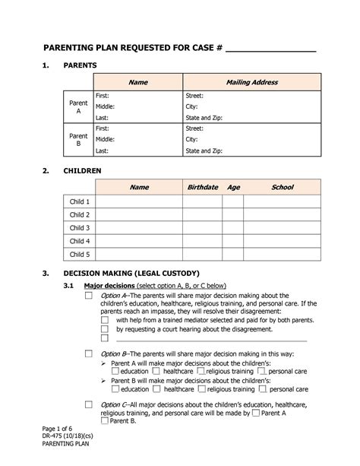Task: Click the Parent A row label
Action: coord(78,106)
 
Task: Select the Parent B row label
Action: coord(78,140)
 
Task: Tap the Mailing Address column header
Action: coord(251,81)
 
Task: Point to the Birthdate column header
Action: coord(202,187)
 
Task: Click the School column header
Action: coord(282,187)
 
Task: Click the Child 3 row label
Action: coord(80,228)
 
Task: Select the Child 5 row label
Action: coord(80,255)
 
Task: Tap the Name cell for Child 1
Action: coord(140,202)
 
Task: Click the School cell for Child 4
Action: coord(282,242)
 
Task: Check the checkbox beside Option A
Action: coord(88,296)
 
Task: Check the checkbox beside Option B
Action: coord(88,354)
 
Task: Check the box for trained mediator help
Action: coord(105,321)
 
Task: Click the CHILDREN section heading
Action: coord(83,171)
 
